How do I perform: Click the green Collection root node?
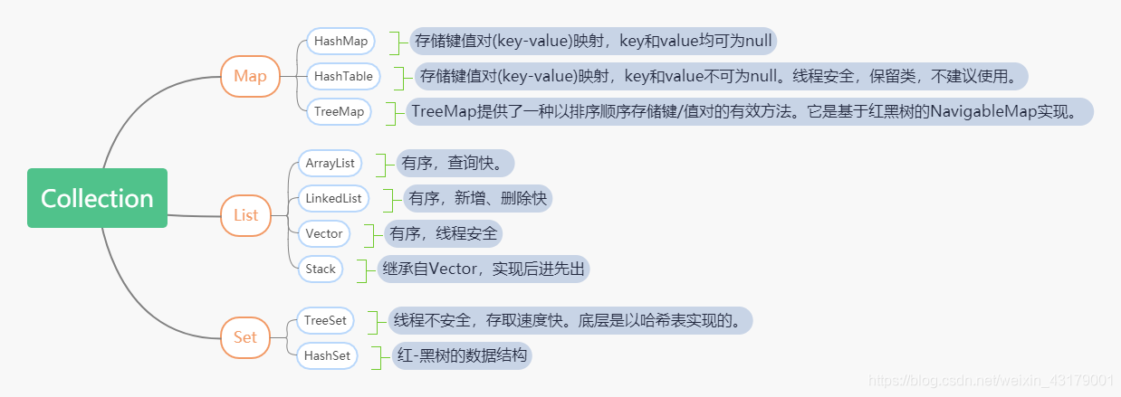97,198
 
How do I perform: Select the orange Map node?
250,76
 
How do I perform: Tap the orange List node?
245,215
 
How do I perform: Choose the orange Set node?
245,337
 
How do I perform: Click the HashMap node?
340,42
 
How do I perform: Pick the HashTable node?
343,76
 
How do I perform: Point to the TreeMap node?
339,111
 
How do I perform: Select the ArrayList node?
329,164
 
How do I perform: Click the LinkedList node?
333,198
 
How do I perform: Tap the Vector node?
324,233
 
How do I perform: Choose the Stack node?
321,269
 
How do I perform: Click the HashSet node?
327,355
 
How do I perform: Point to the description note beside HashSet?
462,355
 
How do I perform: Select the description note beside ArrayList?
455,164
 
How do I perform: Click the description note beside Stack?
484,269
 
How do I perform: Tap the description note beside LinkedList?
477,198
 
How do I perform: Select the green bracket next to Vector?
369,234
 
